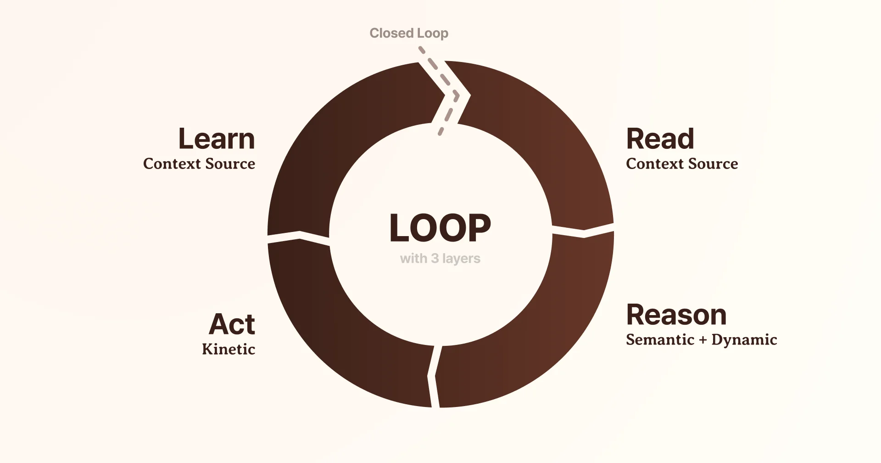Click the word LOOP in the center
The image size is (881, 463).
tap(440, 228)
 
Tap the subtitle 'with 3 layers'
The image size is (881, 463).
tap(440, 259)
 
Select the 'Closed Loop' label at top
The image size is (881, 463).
tap(409, 33)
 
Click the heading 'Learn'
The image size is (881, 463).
tap(216, 139)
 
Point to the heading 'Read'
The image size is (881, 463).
tap(660, 139)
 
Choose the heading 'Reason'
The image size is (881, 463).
tap(676, 315)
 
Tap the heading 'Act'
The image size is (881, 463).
tap(232, 324)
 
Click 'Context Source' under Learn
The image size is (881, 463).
tap(199, 164)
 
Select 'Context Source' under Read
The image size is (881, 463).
tap(682, 164)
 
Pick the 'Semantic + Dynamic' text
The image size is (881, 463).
tap(701, 339)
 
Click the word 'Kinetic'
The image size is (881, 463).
tap(229, 349)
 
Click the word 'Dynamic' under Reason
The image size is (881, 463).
tap(744, 339)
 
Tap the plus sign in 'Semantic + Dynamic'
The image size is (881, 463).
tap(703, 340)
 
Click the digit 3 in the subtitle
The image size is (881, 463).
tap(435, 259)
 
